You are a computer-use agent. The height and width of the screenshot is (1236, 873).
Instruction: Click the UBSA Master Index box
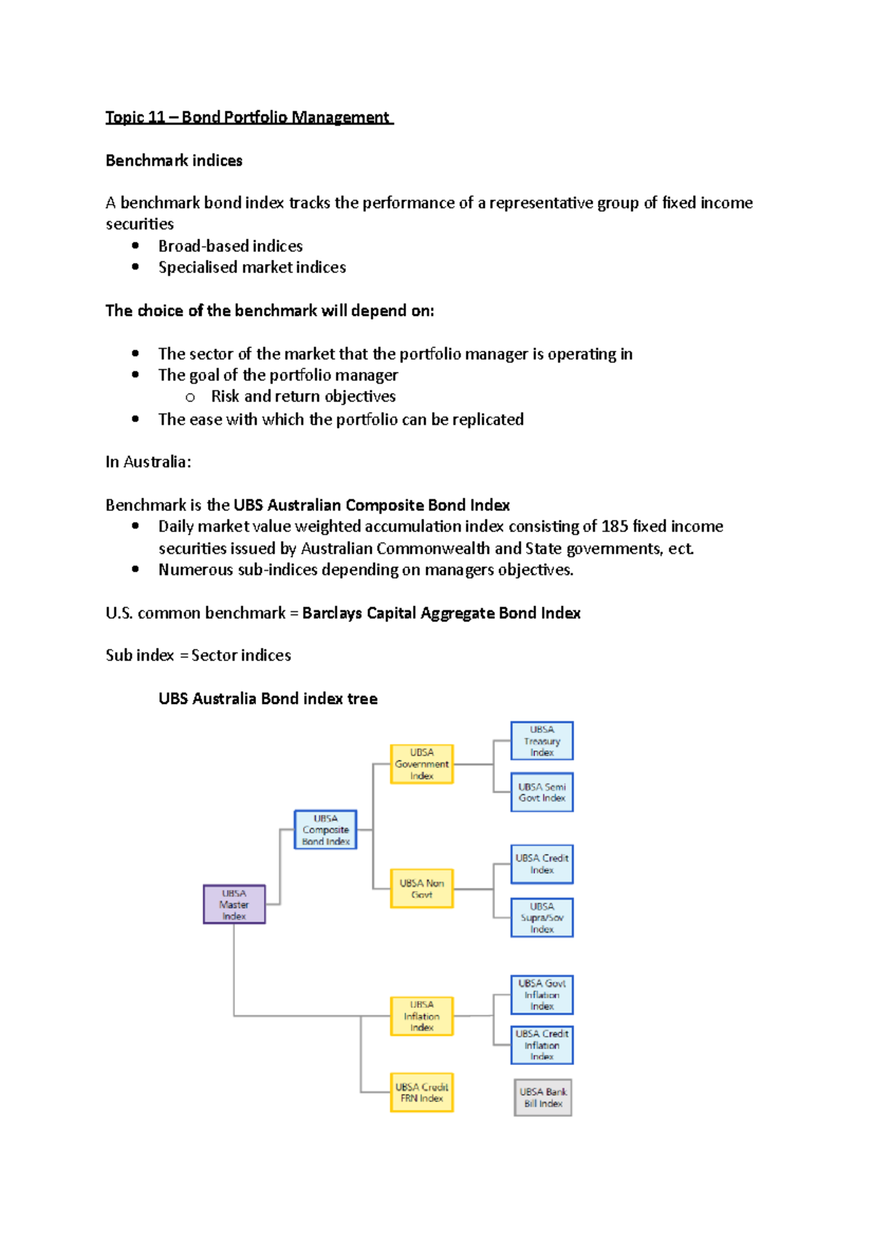pyautogui.click(x=234, y=904)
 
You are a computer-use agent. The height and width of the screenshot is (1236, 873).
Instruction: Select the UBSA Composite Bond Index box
pyautogui.click(x=325, y=830)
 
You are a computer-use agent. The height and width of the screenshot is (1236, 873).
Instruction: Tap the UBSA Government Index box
pyautogui.click(x=421, y=764)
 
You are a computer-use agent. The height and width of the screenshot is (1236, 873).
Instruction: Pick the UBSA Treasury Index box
pyautogui.click(x=541, y=741)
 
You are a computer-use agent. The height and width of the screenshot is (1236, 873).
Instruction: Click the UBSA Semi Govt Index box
pyautogui.click(x=541, y=792)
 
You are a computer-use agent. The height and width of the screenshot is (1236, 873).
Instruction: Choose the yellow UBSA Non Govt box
pyautogui.click(x=421, y=889)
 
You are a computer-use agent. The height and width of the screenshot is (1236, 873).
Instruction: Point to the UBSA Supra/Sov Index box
pyautogui.click(x=541, y=918)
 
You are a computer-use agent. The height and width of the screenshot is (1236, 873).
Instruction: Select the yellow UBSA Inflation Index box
pyautogui.click(x=421, y=1016)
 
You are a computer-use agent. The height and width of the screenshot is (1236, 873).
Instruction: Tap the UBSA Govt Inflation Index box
pyautogui.click(x=541, y=995)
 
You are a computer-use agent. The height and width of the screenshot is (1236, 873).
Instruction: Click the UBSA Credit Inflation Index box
pyautogui.click(x=541, y=1045)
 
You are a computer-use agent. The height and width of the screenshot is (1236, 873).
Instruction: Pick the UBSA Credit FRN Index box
pyautogui.click(x=421, y=1093)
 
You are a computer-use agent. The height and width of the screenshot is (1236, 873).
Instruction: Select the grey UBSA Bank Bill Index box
pyautogui.click(x=543, y=1098)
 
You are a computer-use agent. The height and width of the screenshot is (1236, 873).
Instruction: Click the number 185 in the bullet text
pyautogui.click(x=615, y=526)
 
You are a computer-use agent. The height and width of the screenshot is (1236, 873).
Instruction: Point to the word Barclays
pyautogui.click(x=332, y=613)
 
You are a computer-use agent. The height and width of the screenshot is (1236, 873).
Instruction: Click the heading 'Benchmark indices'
pyautogui.click(x=174, y=161)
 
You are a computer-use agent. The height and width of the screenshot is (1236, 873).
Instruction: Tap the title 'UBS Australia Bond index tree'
pyautogui.click(x=268, y=699)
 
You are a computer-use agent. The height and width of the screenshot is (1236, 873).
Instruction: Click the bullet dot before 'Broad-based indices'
pyautogui.click(x=135, y=246)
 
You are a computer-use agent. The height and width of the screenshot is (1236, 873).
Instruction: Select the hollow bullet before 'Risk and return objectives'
pyautogui.click(x=190, y=397)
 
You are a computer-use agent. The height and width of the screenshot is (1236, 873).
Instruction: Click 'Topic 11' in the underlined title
pyautogui.click(x=135, y=117)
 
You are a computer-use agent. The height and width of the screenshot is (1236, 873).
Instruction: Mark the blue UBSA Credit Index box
pyautogui.click(x=541, y=864)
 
